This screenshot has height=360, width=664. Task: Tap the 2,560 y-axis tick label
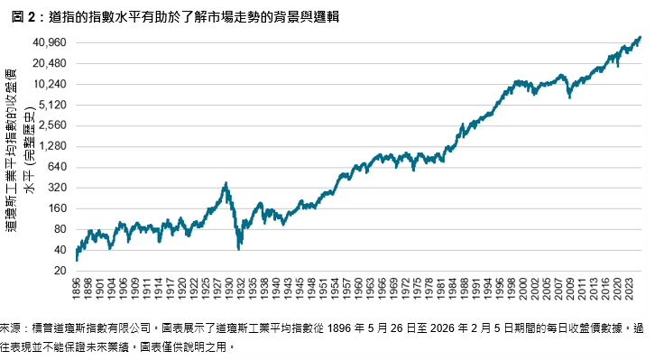pyautogui.click(x=54, y=125)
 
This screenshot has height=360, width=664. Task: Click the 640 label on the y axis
pyautogui.click(x=59, y=167)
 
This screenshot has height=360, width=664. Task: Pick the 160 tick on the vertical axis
pyautogui.click(x=59, y=208)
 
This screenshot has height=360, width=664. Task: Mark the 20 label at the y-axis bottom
pyautogui.click(x=61, y=271)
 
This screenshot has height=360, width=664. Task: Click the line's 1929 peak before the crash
pyautogui.click(x=225, y=183)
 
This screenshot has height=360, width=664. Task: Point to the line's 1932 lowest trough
pyautogui.click(x=238, y=248)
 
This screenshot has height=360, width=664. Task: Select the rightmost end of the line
pyautogui.click(x=641, y=37)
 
